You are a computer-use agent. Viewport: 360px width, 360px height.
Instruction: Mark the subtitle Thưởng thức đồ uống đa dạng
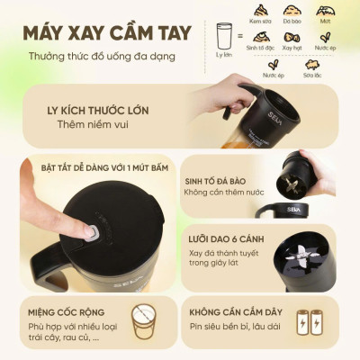(x=101, y=57)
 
